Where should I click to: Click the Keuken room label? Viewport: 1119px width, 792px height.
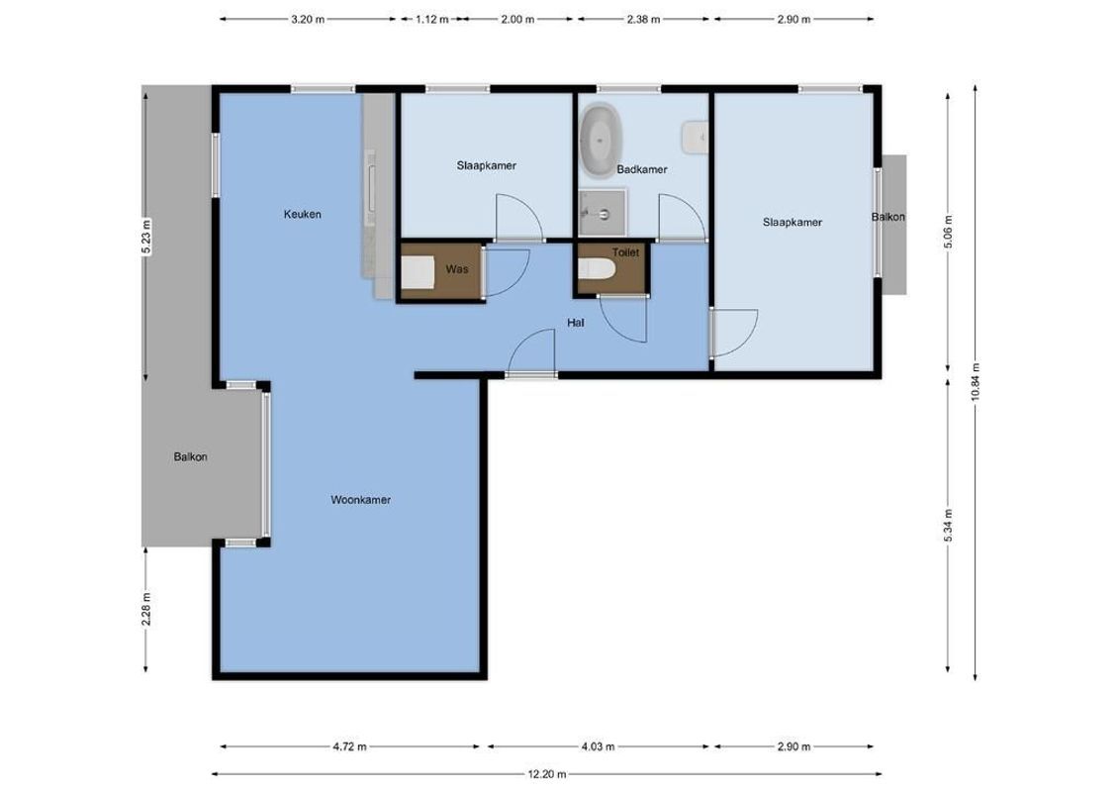(302, 214)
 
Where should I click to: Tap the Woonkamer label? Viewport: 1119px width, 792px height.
(360, 500)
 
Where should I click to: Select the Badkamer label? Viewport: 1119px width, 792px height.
(641, 169)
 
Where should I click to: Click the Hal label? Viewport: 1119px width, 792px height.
(575, 322)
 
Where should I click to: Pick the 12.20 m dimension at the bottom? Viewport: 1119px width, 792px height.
(545, 774)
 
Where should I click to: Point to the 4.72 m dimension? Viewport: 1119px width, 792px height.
(349, 746)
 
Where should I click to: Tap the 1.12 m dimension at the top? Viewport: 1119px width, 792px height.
(431, 19)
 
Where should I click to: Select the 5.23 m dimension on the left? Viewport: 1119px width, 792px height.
(145, 237)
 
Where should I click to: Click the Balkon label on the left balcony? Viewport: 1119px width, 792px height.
(190, 456)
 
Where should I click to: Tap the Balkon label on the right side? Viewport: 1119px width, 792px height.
(887, 218)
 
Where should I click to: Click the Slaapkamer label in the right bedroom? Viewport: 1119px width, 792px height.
(792, 223)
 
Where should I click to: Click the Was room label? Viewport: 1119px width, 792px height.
(456, 269)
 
